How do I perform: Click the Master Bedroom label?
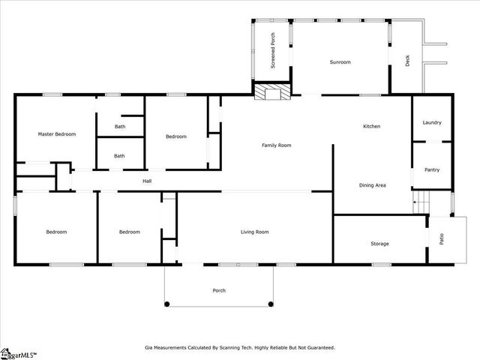(57, 134)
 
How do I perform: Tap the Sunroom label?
(340, 62)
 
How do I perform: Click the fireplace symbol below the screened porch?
(266, 91)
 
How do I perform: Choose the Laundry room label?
(432, 122)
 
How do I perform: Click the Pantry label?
(432, 169)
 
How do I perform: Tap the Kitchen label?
(372, 126)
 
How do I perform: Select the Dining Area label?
(373, 184)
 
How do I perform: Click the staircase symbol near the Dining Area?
(419, 202)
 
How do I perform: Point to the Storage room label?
(379, 244)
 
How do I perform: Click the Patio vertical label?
(442, 239)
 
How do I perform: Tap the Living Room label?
(254, 232)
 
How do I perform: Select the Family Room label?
(276, 145)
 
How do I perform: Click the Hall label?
(148, 181)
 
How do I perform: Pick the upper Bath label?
(120, 127)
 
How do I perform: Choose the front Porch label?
(219, 290)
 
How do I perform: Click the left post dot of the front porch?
(167, 304)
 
